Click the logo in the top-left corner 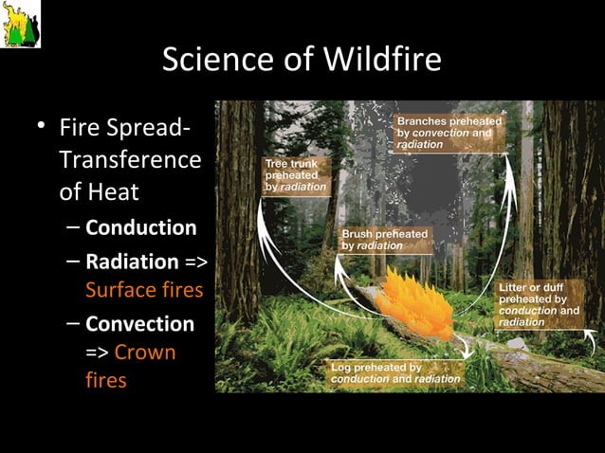(x=20, y=24)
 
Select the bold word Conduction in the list (x=140, y=227)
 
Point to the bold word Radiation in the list (x=132, y=262)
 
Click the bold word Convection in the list (x=139, y=324)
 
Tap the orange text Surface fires (x=144, y=289)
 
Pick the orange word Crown (x=144, y=353)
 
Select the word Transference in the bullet (x=130, y=159)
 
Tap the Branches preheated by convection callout (x=449, y=133)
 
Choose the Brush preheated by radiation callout (x=384, y=239)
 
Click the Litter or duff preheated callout (x=539, y=304)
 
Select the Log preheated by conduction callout (x=394, y=372)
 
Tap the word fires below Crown (x=105, y=380)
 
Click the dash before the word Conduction (x=73, y=228)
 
